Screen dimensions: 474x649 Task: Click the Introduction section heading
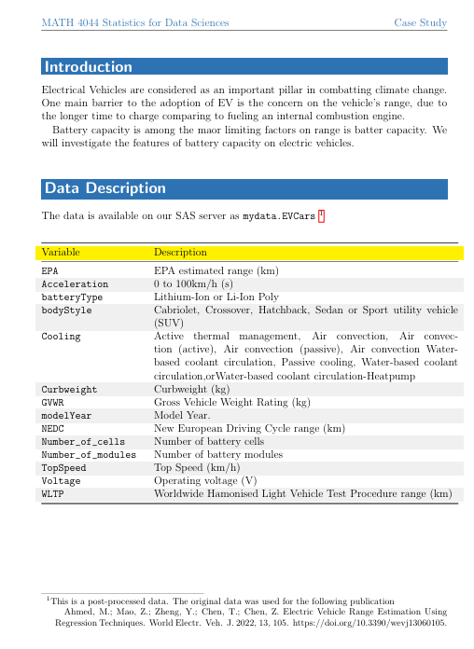tap(89, 67)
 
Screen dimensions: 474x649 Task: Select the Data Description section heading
tap(105, 188)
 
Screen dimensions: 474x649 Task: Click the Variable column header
tap(61, 252)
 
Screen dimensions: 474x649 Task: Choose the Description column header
tap(180, 252)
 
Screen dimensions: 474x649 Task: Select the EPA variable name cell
tap(50, 269)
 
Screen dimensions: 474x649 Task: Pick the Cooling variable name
tap(61, 336)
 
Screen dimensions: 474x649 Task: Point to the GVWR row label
tap(53, 402)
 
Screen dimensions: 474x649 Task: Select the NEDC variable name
tap(53, 428)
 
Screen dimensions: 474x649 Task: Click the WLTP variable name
tap(53, 494)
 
